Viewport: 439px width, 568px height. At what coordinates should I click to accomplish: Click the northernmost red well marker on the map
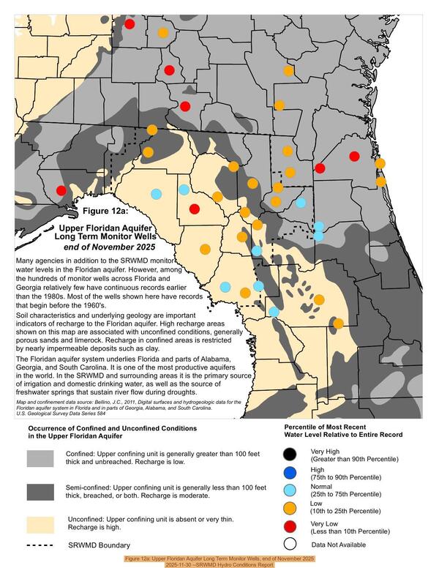click(130, 24)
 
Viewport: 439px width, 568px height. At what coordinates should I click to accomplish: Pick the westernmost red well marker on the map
click(61, 190)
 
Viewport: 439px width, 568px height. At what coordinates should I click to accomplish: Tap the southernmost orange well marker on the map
click(338, 323)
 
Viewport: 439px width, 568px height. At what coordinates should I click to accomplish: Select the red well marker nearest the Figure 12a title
click(194, 209)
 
